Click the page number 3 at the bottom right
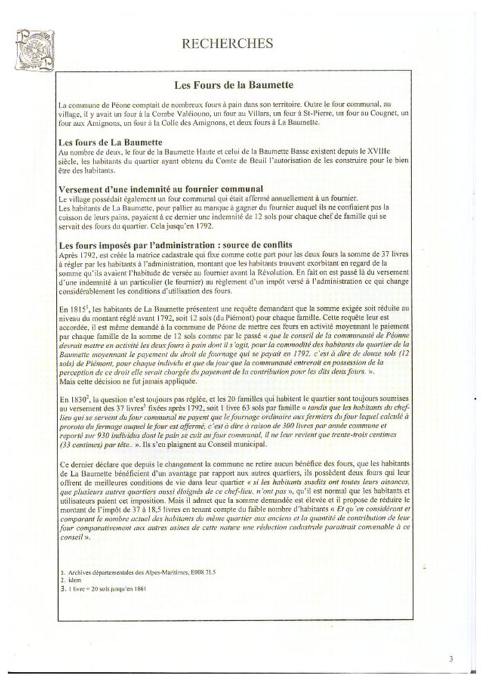click(x=450, y=658)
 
